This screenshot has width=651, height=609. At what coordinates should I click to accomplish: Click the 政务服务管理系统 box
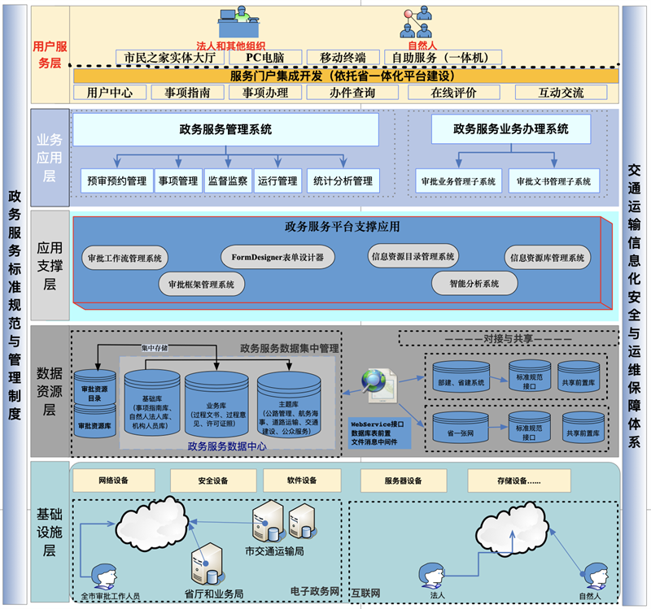[x=226, y=129]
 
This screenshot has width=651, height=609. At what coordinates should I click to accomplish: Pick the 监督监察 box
[x=227, y=181]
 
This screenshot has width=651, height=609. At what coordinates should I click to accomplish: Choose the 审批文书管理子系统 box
[x=553, y=181]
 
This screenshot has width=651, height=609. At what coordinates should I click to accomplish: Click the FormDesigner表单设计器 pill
[x=277, y=258]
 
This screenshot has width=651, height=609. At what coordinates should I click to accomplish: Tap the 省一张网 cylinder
[x=461, y=431]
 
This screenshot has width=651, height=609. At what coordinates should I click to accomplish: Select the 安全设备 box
[x=212, y=481]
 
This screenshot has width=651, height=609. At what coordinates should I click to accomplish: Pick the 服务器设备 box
[x=403, y=481]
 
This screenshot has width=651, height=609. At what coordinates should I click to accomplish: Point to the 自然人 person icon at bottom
[x=588, y=576]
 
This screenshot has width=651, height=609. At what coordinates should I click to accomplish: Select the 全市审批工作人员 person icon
[x=103, y=577]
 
